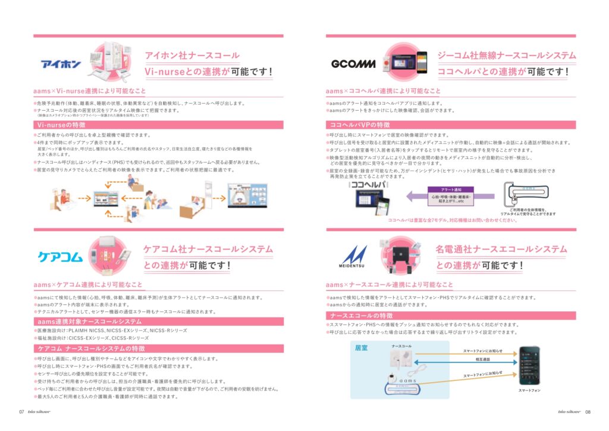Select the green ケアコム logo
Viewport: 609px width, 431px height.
click(59, 257)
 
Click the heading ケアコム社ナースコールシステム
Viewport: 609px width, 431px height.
click(208, 249)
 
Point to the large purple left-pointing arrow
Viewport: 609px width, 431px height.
click(416, 196)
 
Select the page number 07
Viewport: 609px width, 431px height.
click(21, 411)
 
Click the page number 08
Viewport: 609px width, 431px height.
click(588, 411)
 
